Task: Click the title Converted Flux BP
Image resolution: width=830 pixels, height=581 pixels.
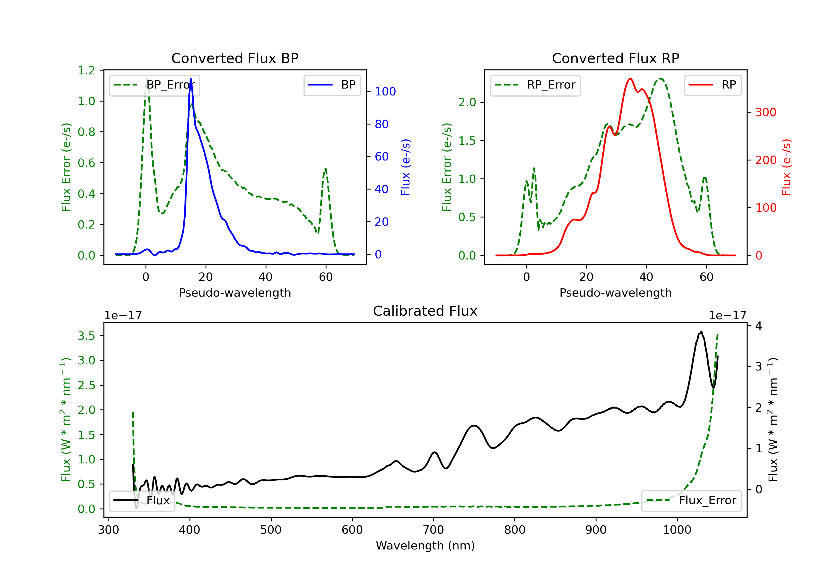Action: coord(235,58)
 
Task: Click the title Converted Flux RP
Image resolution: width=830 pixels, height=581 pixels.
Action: coord(616,58)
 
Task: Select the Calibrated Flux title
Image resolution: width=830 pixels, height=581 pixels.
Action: coord(425,311)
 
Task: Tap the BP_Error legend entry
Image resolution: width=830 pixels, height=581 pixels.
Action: coord(154,85)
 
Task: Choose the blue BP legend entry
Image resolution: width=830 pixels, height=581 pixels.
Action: coord(332,85)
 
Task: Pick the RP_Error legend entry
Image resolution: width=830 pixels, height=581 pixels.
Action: coord(535,85)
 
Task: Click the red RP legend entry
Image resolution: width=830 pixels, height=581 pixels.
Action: coord(712,85)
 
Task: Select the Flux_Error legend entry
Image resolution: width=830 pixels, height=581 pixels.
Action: coord(691,500)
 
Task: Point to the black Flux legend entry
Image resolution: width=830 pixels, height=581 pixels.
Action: coord(142,500)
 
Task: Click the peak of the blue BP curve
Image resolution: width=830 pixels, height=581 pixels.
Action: coord(191,79)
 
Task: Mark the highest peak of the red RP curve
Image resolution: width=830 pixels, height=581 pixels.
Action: coord(630,79)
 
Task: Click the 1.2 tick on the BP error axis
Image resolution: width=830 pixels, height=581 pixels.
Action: coord(86,70)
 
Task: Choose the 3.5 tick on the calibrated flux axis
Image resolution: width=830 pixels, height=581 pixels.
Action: coord(86,336)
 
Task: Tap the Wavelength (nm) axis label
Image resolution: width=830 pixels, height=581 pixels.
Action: coord(425,546)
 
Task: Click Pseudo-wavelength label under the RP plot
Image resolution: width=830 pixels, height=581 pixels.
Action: coord(616,292)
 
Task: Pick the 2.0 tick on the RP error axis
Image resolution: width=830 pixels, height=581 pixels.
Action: coord(467,102)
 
